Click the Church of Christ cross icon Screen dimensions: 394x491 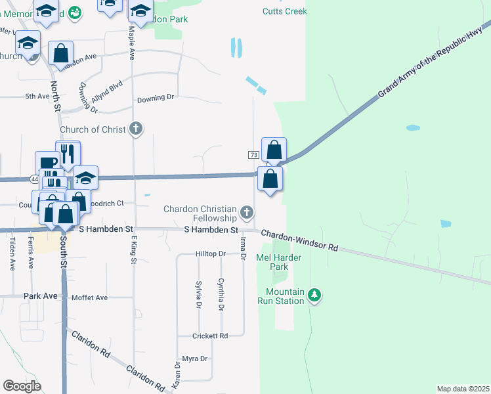(136, 129)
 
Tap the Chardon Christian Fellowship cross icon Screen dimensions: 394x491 (247, 212)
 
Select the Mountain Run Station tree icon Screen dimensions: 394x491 (315, 295)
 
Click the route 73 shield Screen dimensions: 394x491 (253, 155)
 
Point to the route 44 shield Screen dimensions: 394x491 (34, 179)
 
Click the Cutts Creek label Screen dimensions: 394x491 (284, 11)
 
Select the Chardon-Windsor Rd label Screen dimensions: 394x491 (299, 240)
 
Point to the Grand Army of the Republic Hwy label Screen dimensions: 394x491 (430, 64)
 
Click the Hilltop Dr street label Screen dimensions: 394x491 (210, 253)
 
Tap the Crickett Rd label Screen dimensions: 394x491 (209, 336)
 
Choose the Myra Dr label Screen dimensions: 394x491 (194, 359)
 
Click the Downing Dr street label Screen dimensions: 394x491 (155, 98)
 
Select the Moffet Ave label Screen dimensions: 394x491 (89, 297)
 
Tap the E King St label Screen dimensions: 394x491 (133, 252)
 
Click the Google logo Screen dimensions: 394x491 (22, 386)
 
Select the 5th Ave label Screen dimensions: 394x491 (37, 97)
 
